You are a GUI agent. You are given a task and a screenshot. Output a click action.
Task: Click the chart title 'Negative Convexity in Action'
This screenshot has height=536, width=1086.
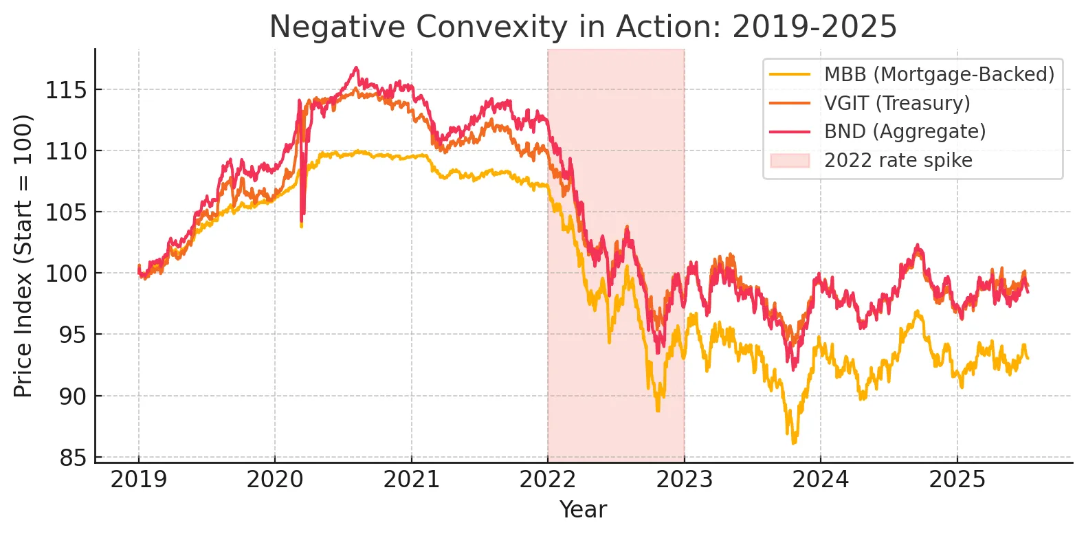click(583, 27)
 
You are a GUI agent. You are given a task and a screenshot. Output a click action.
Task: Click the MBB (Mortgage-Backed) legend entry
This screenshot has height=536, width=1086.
click(939, 74)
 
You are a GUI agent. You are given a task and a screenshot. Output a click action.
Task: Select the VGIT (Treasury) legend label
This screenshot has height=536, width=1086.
click(897, 103)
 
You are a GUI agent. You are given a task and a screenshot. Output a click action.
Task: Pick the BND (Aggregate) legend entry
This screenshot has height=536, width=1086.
click(905, 131)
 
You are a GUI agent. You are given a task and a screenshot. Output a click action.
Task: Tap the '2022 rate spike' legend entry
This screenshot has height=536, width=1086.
click(898, 160)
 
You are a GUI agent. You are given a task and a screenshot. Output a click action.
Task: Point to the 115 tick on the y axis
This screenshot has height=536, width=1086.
click(66, 90)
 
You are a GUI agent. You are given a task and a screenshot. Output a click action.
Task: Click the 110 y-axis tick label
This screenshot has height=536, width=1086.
click(66, 151)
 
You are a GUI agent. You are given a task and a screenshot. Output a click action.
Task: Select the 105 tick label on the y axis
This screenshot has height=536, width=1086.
click(66, 212)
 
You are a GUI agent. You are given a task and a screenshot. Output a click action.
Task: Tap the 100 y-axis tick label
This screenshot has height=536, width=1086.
click(66, 273)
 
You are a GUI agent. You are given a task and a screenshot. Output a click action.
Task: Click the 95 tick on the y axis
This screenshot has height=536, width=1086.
click(73, 335)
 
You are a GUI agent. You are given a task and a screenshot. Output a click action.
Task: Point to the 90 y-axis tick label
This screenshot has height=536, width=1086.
click(73, 397)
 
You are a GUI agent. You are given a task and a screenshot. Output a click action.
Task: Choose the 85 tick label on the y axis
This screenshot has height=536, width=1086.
click(73, 458)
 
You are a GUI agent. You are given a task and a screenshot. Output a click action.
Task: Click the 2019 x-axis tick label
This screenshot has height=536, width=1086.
click(138, 480)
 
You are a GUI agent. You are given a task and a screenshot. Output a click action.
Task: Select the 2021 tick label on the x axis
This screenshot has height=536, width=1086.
click(411, 480)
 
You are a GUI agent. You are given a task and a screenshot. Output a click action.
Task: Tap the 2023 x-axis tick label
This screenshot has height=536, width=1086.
click(684, 480)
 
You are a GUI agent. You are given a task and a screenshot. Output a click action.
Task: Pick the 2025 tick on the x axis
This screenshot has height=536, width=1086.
click(957, 480)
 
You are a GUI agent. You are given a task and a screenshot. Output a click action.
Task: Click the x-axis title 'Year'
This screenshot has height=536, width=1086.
click(583, 510)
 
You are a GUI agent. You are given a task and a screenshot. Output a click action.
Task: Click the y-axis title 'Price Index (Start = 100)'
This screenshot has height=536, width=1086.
click(23, 256)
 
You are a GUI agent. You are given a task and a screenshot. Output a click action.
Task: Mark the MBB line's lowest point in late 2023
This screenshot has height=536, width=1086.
click(794, 443)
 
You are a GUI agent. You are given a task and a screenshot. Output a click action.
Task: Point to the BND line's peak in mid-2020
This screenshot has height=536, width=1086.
click(355, 67)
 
